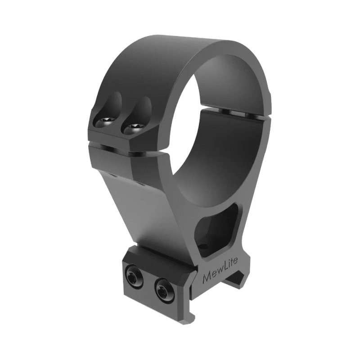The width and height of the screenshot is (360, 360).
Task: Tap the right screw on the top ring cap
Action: click(x=134, y=127)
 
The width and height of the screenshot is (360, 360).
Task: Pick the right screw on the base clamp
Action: click(x=162, y=285)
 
